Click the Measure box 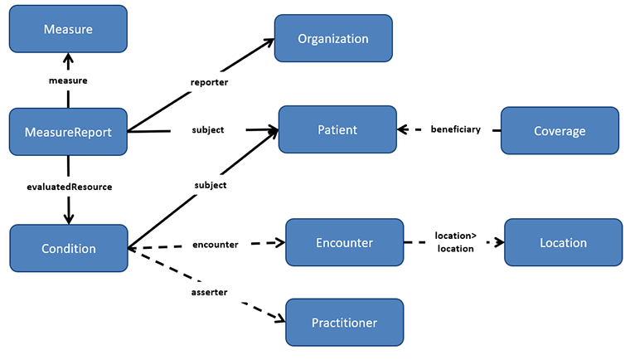68,30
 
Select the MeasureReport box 68,131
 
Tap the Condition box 68,248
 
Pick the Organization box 332,38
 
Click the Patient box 337,129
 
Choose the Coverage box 560,130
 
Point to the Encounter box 344,243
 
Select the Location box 563,243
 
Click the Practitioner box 344,322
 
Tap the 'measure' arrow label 68,80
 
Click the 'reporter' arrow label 209,82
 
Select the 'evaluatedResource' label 69,187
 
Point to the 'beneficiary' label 455,129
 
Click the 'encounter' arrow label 216,245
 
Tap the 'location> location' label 455,242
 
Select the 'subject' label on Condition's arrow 209,185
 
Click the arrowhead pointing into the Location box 499,243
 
